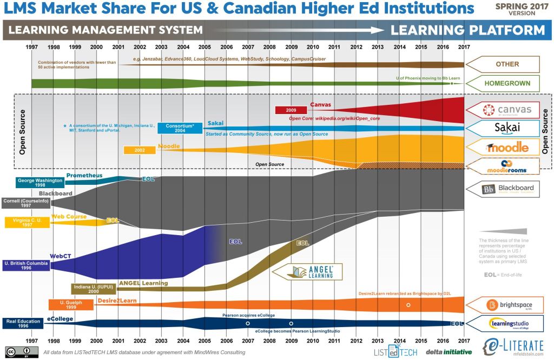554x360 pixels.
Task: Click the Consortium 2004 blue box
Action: coord(180,128)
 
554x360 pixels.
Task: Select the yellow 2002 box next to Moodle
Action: coord(140,150)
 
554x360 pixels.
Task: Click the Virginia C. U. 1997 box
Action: coord(27,222)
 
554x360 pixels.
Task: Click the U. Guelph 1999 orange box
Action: coord(71,305)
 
